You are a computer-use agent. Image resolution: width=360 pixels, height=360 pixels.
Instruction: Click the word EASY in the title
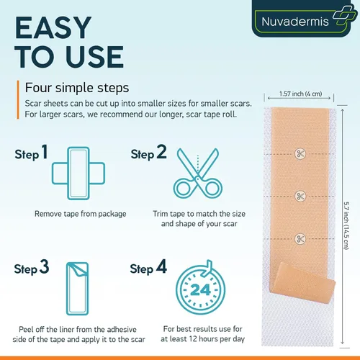coord(53,27)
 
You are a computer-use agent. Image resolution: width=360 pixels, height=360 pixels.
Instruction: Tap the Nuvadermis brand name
coord(295,22)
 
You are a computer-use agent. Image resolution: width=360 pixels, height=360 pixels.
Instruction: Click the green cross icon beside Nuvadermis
coord(345,15)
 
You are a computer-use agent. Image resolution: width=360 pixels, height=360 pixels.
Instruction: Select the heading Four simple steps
coord(77,88)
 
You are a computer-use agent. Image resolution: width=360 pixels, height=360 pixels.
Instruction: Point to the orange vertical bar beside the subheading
coord(18,99)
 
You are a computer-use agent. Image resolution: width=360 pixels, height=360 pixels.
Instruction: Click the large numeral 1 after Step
coord(45,152)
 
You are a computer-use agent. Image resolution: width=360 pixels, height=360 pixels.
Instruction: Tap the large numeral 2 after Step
coord(161,152)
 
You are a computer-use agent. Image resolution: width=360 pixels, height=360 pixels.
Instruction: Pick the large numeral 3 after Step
coord(45,266)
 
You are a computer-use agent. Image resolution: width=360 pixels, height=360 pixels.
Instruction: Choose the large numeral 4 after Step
coord(161,266)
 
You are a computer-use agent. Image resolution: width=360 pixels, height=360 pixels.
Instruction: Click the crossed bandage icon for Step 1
coord(78,174)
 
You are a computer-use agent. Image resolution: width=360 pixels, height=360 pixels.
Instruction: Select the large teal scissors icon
coord(198,174)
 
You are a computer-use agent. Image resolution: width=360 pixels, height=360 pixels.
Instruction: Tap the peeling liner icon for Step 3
coord(77,289)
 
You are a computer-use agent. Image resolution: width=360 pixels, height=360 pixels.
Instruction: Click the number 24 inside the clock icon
coord(200,290)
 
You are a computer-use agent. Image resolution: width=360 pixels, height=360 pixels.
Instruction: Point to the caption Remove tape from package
coord(80,214)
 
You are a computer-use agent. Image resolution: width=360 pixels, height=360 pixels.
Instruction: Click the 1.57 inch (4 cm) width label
coord(300,94)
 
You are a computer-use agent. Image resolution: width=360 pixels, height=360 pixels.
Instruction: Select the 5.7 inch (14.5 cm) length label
coord(346,225)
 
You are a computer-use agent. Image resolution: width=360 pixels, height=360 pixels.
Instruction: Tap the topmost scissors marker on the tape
coord(300,153)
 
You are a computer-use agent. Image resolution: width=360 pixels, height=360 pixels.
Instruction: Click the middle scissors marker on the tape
coord(300,196)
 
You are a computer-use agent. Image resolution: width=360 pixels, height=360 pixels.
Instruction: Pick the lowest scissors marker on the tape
coord(300,238)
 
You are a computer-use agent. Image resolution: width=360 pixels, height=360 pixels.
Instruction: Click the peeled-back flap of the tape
coord(303,283)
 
